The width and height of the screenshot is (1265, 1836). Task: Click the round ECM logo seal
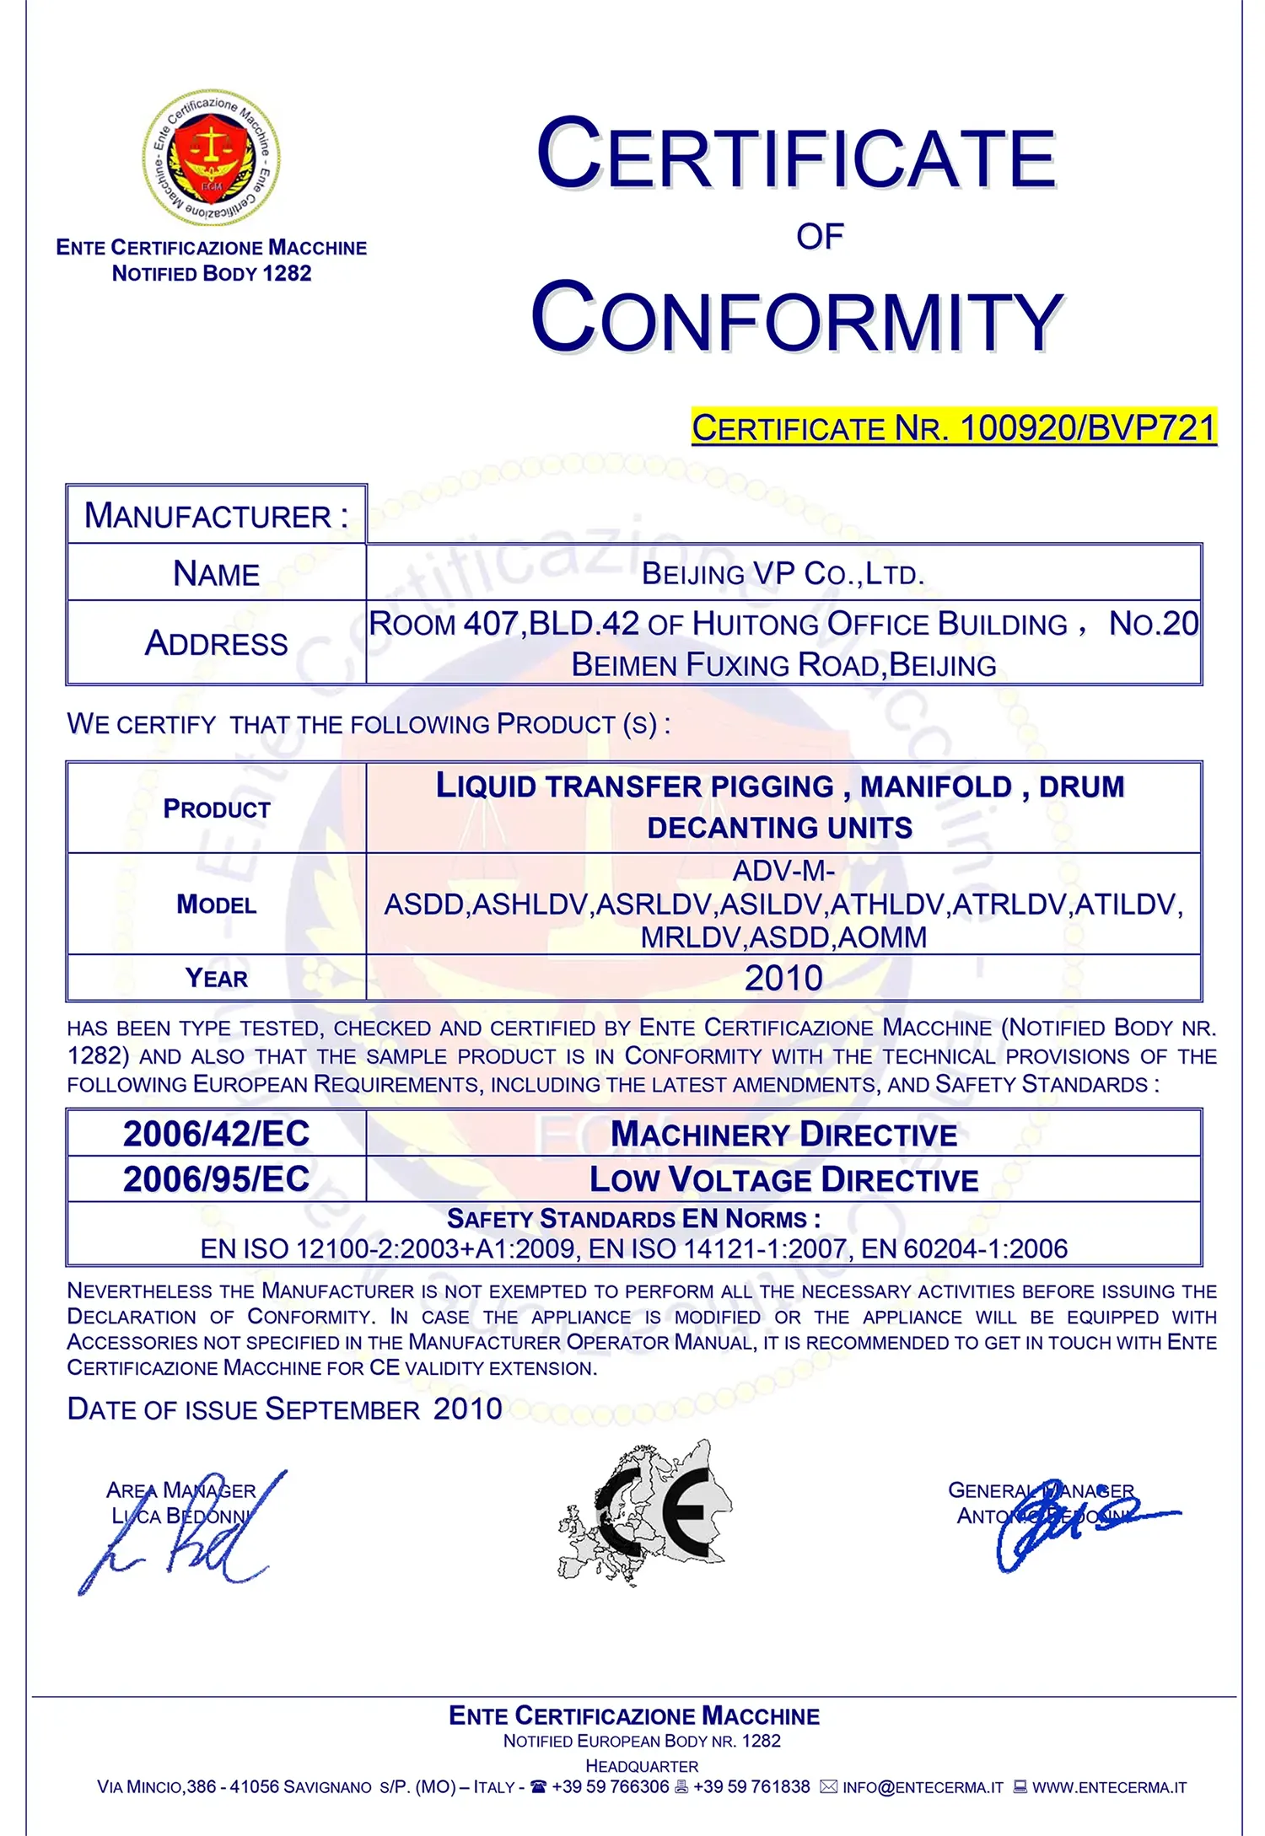click(211, 158)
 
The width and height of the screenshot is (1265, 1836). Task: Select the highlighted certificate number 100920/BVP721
click(1088, 428)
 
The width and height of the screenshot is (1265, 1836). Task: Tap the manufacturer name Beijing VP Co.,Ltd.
click(783, 574)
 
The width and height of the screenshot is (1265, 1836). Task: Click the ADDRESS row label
click(216, 643)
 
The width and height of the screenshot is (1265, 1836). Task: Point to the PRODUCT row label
click(217, 809)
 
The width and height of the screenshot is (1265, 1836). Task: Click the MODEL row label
click(216, 905)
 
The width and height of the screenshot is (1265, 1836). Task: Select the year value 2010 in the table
click(783, 978)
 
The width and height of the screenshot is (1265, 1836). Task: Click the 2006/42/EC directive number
click(217, 1134)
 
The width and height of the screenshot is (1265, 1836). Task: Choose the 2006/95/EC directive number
click(217, 1179)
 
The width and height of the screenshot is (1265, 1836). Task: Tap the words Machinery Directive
click(783, 1135)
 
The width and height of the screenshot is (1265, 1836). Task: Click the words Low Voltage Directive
click(783, 1180)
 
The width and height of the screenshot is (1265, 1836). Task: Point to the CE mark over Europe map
click(645, 1513)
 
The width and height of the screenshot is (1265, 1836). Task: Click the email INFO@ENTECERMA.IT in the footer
click(923, 1787)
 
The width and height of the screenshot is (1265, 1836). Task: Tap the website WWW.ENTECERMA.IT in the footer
click(1109, 1787)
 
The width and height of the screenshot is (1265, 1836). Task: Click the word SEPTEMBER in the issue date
click(342, 1409)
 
